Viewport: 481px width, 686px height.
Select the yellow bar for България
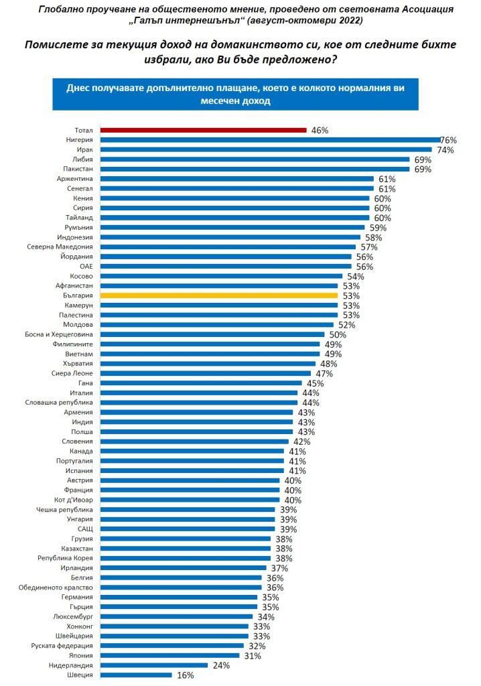pos(218,295)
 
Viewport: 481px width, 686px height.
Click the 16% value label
pos(186,675)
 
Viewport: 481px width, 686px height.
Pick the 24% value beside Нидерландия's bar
pos(221,666)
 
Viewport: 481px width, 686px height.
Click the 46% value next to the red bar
pos(320,131)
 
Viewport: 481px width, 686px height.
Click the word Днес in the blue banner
pos(78,88)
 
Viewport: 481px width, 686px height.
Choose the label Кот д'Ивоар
pos(75,499)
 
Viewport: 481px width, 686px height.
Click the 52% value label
pos(346,325)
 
